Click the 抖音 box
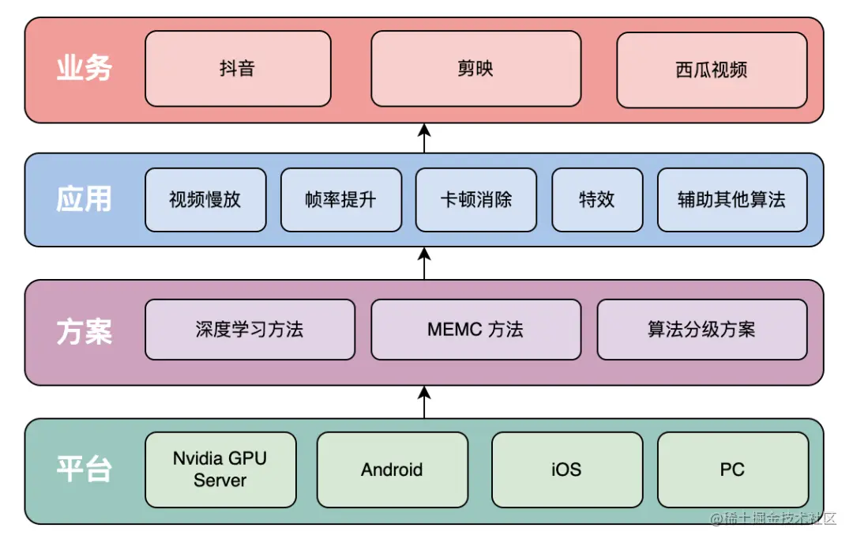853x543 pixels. click(x=238, y=69)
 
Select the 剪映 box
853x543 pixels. click(x=475, y=69)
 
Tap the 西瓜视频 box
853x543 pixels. click(x=712, y=70)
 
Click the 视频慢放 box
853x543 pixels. click(x=205, y=199)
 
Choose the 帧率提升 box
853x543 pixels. click(x=341, y=199)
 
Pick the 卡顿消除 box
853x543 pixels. click(x=476, y=199)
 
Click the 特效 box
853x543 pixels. click(x=597, y=199)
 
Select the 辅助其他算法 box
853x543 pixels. click(x=732, y=199)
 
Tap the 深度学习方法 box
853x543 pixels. click(x=250, y=330)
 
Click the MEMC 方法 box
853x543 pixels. click(x=475, y=330)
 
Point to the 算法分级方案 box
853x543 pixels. click(x=702, y=330)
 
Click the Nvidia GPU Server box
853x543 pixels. click(x=220, y=469)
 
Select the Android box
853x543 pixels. click(x=393, y=469)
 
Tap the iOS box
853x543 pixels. click(x=566, y=469)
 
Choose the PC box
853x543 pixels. click(x=733, y=469)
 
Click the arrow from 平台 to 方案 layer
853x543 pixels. click(x=424, y=402)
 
